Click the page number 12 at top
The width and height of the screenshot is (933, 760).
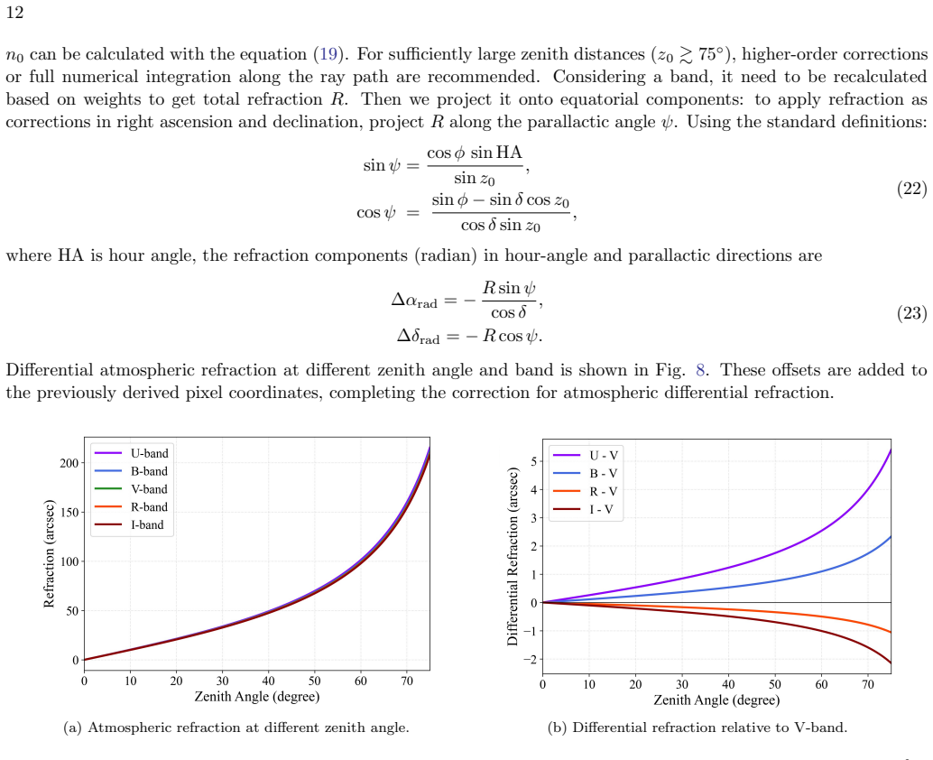14,13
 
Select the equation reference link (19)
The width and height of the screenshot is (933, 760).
328,54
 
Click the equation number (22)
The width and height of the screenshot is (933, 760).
911,189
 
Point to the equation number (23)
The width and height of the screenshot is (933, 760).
911,313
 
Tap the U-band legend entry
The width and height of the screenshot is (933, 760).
132,453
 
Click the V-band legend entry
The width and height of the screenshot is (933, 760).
131,489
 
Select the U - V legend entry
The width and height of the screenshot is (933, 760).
587,455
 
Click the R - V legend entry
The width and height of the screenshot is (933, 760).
586,492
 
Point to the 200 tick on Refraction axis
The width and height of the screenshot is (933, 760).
69,463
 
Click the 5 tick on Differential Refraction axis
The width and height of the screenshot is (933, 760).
534,461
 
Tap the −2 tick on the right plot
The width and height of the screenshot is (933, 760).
531,660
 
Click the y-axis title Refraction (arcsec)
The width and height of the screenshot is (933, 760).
49,553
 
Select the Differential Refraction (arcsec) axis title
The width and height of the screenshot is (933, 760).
513,556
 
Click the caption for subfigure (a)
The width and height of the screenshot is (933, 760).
236,728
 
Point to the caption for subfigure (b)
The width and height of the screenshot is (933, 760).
697,728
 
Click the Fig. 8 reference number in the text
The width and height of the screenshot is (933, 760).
700,370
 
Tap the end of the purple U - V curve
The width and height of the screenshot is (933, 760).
891,450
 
